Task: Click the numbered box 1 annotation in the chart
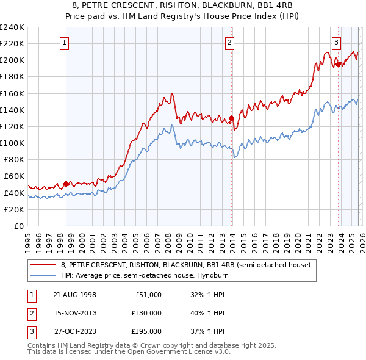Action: pyautogui.click(x=65, y=42)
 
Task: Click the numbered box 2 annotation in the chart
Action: pyautogui.click(x=229, y=42)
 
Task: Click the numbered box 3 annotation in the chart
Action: pyautogui.click(x=336, y=42)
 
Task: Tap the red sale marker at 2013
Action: pyautogui.click(x=231, y=118)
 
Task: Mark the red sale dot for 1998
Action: pyautogui.click(x=66, y=183)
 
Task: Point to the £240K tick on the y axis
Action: pyautogui.click(x=12, y=27)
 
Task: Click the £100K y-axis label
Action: pyautogui.click(x=12, y=143)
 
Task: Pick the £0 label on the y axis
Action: pyautogui.click(x=18, y=226)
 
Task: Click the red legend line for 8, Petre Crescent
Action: pyautogui.click(x=42, y=265)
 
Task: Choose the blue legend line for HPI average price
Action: pyautogui.click(x=42, y=275)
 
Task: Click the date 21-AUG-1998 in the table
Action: pyautogui.click(x=74, y=294)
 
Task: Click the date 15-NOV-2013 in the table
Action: pyautogui.click(x=74, y=313)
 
